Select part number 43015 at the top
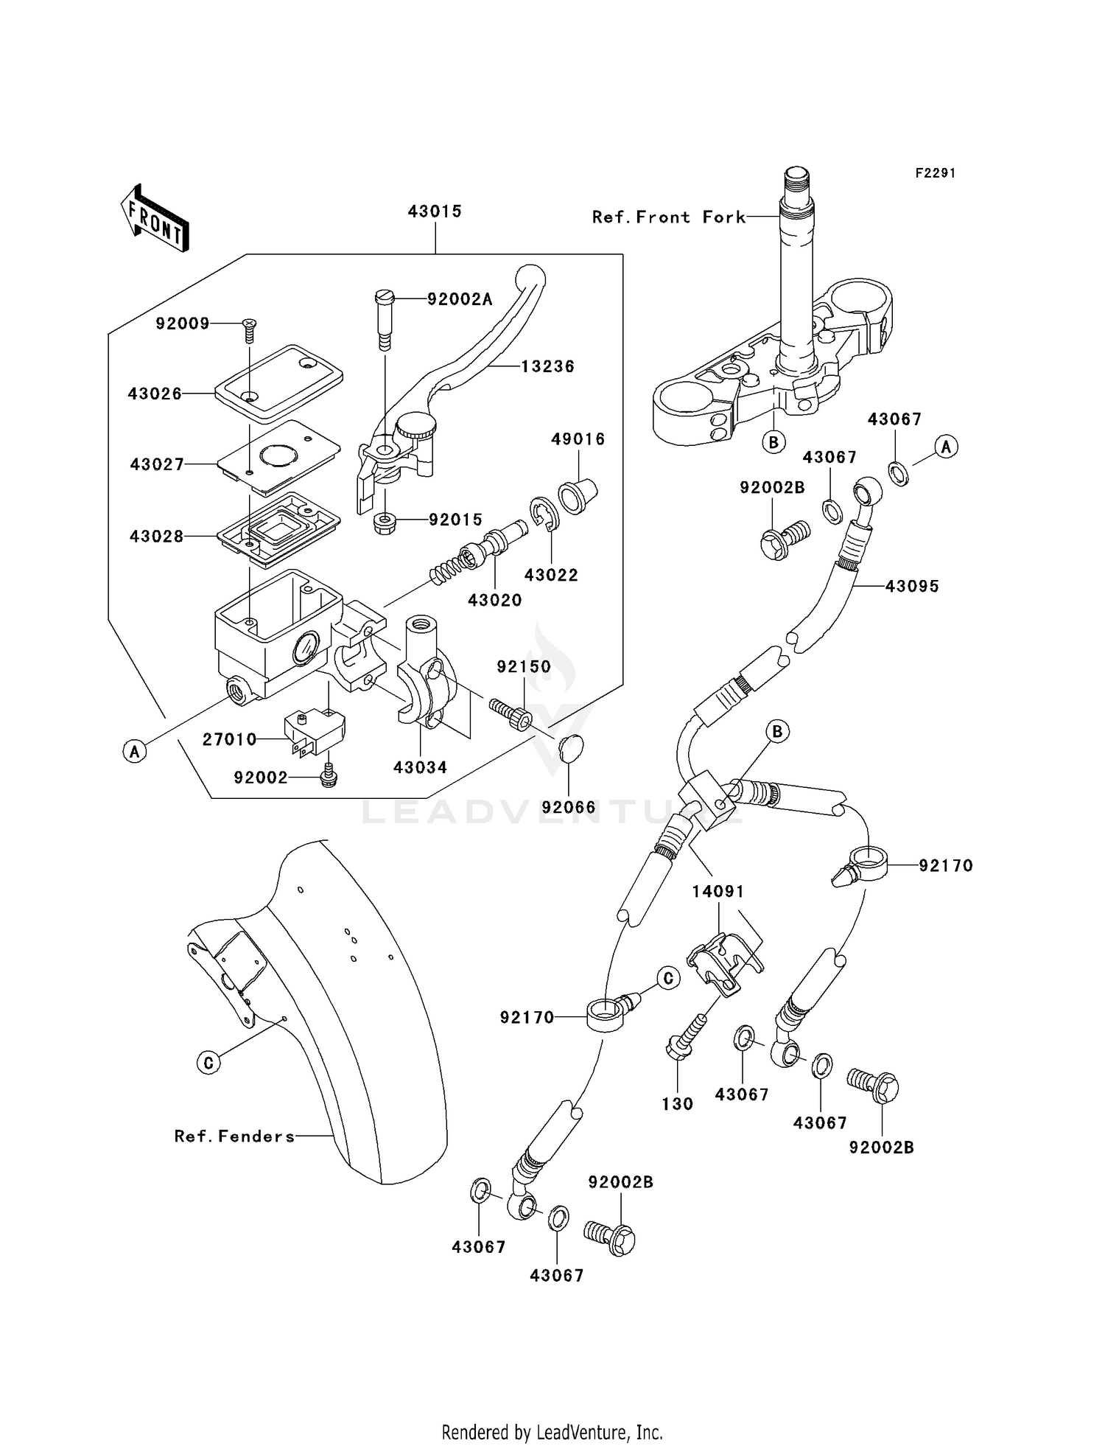[435, 212]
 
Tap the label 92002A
[460, 299]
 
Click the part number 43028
[156, 537]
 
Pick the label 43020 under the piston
[494, 601]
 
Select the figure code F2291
[936, 173]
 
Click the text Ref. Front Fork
[668, 217]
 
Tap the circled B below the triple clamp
[773, 442]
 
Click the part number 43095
[912, 587]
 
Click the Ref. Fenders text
[234, 1136]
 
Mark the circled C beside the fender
[208, 1062]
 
